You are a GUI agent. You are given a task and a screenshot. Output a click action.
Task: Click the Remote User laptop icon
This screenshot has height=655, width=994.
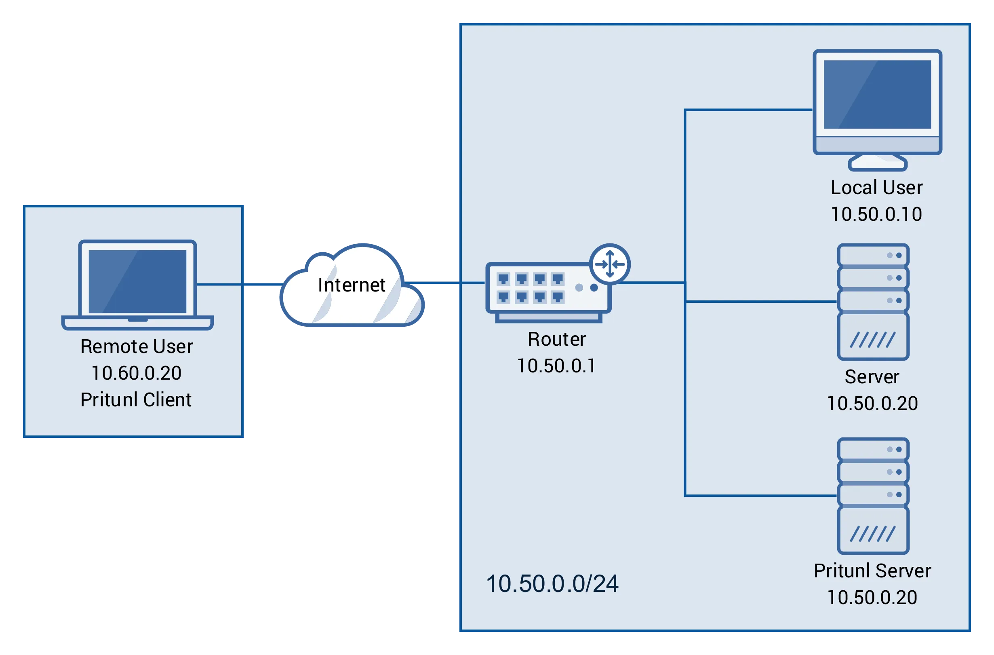137,284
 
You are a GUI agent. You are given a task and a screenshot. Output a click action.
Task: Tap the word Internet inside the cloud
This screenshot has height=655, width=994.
351,285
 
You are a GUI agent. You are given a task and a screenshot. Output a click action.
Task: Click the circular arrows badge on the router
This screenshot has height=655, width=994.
610,264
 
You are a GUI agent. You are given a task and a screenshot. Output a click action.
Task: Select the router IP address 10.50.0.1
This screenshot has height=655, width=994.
556,366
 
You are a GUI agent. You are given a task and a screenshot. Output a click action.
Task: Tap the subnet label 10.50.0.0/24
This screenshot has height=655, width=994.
552,584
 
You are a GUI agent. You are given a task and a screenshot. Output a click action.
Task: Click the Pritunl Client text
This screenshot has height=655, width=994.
136,400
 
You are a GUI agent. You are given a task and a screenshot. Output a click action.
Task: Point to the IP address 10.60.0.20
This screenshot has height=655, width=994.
136,373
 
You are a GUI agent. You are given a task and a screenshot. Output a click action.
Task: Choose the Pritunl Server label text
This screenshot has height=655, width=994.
872,571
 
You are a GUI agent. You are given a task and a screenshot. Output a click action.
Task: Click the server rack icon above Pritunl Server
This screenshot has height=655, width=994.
873,495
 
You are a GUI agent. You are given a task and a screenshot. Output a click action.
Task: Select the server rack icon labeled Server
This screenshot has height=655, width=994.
873,301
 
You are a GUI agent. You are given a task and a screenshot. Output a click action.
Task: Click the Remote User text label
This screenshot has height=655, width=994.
137,347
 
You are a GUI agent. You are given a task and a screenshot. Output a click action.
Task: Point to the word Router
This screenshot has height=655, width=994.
556,339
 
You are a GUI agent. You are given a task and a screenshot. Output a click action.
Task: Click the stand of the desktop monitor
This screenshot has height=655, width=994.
878,163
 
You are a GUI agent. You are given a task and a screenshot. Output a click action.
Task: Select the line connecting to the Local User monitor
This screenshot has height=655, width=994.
748,110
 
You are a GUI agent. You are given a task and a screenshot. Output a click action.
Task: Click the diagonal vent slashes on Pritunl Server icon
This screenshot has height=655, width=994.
873,534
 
